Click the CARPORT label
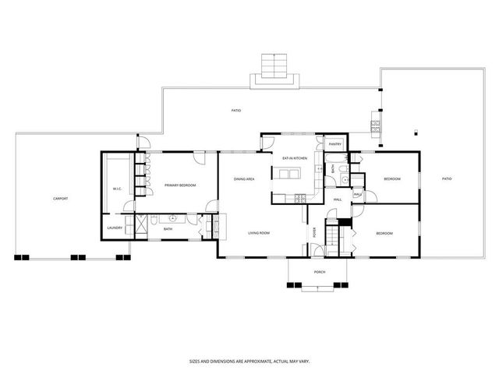pyautogui.click(x=60, y=199)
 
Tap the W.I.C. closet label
pyautogui.click(x=116, y=189)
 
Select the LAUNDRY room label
pyautogui.click(x=114, y=228)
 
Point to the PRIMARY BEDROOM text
pyautogui.click(x=179, y=185)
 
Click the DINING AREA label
pyautogui.click(x=244, y=179)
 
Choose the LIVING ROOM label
pyautogui.click(x=259, y=233)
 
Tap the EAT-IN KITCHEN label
pyautogui.click(x=295, y=158)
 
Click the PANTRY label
pyautogui.click(x=335, y=144)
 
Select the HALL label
pyautogui.click(x=338, y=199)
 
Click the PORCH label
pyautogui.click(x=319, y=272)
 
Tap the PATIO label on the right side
pyautogui.click(x=447, y=179)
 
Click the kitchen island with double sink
pyautogui.click(x=285, y=173)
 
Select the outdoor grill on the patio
pyautogui.click(x=375, y=125)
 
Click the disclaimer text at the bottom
pyautogui.click(x=249, y=361)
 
